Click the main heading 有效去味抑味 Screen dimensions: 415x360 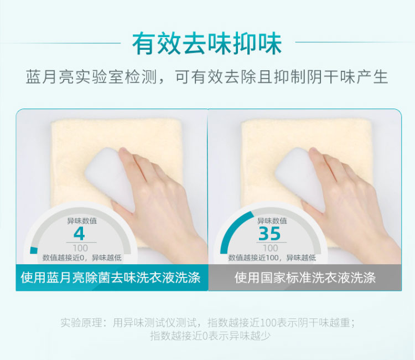click(207, 43)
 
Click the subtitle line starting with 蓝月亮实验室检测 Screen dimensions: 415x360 click(207, 77)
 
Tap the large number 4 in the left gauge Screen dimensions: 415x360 click(79, 233)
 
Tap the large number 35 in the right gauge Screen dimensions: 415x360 click(269, 233)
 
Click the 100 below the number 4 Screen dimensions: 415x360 click(80, 248)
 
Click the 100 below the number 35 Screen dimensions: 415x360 click(271, 248)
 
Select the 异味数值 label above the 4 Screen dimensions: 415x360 click(82, 220)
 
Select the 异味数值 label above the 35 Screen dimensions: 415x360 click(272, 220)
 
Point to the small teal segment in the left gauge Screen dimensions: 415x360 click(34, 250)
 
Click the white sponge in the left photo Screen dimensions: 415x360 click(111, 176)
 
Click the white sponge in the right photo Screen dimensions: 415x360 click(300, 176)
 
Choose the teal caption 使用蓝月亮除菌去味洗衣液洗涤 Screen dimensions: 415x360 click(111, 277)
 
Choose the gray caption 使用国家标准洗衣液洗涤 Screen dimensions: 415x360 click(305, 277)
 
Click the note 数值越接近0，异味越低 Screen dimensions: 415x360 click(82, 258)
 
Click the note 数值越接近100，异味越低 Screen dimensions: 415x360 click(272, 258)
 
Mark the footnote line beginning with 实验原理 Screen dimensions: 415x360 click(208, 323)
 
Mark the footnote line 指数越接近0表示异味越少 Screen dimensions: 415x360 click(211, 336)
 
